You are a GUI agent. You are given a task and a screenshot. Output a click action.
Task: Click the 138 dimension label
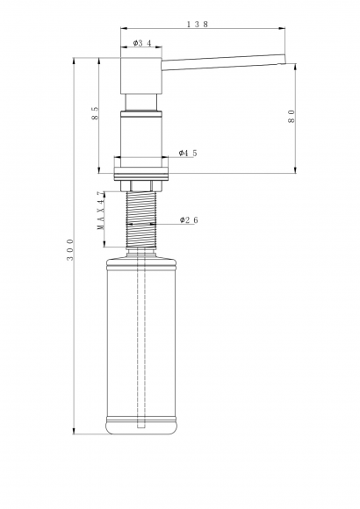coord(198,25)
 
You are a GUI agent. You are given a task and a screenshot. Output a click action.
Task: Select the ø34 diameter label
coord(143,42)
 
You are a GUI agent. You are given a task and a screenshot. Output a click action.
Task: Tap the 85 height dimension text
coord(95,113)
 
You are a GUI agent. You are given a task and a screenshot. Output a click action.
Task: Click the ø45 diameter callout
coord(187,152)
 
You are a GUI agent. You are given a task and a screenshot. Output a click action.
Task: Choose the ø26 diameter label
coord(188,219)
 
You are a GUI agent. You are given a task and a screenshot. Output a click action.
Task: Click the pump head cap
coord(139,75)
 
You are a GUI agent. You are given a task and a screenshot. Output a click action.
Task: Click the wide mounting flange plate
coord(140,165)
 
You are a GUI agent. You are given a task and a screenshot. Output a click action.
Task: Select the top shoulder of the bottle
coord(140,262)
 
